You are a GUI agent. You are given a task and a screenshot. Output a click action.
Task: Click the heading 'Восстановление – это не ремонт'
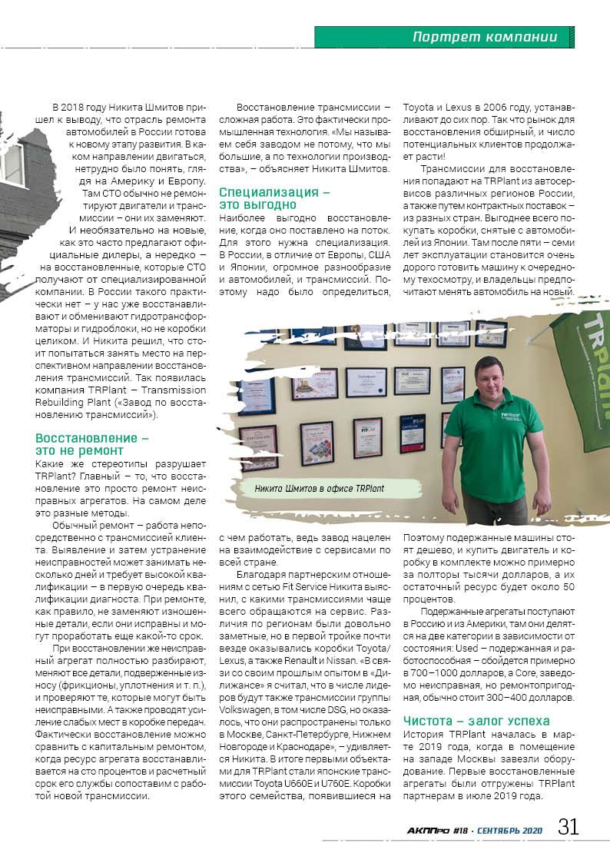(91, 443)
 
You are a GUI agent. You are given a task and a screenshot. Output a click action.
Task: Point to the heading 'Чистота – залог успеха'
(476, 721)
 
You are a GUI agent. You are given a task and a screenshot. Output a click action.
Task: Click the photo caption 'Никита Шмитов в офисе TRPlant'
(319, 488)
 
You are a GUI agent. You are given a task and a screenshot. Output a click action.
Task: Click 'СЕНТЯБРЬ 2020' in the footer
(510, 830)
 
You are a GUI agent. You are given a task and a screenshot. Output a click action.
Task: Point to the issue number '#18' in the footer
(461, 830)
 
